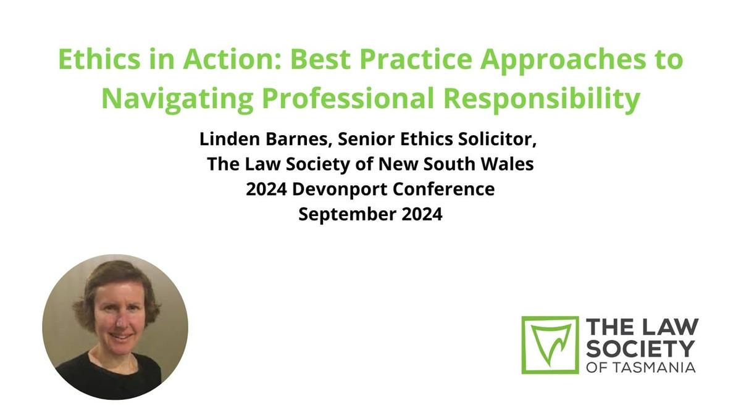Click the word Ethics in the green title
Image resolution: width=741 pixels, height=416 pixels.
99,59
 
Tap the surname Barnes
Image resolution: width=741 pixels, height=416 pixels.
299,140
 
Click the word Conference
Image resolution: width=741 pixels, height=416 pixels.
444,189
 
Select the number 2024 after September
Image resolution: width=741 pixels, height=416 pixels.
422,214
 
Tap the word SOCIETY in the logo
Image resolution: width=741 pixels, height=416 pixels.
640,349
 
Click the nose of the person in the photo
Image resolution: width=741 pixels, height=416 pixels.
122,320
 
